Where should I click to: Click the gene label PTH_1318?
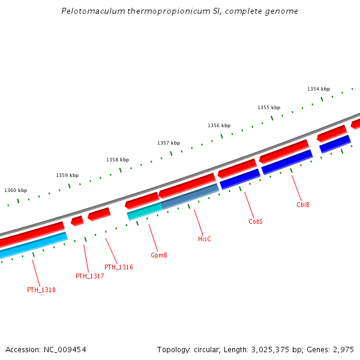coord(41,290)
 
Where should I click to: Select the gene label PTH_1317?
coord(90,277)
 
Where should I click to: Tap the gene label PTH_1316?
coord(119,268)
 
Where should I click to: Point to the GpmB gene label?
coord(159,256)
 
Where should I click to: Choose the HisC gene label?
coord(205,239)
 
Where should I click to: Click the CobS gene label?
coord(256,221)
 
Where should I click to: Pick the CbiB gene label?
coord(303,205)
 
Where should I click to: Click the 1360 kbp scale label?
coord(16,190)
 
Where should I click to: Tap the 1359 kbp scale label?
coord(67,175)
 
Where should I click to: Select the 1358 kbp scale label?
coord(118,160)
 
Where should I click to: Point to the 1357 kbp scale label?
coord(169,143)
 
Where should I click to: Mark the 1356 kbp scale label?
coord(219,126)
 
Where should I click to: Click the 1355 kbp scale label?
coord(269,108)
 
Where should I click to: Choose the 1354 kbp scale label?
coord(319,89)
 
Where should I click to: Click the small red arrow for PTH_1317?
coord(77,221)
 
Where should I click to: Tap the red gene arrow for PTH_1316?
coord(99,214)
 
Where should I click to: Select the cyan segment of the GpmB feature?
coord(144,211)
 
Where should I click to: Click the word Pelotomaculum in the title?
coord(93,11)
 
